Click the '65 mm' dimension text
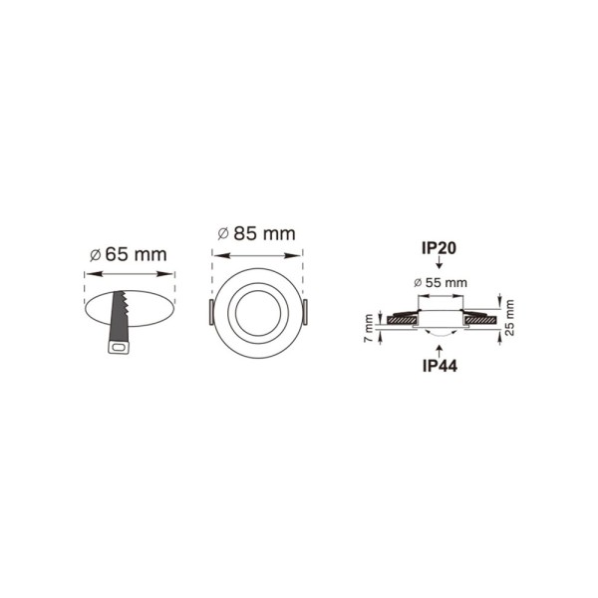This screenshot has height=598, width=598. point(136,254)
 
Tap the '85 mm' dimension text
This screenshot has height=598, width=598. point(264,233)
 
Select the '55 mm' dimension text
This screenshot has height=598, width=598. point(446,283)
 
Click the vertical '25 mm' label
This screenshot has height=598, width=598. point(509,318)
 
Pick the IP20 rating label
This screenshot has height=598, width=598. point(439,246)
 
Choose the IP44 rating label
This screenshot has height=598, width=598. point(439,365)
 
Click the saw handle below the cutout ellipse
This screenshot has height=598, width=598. point(118,346)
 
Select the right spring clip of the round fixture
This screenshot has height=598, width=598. point(307,313)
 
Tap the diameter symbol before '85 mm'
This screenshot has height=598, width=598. point(223,233)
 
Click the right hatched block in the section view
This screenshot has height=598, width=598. point(476,319)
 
